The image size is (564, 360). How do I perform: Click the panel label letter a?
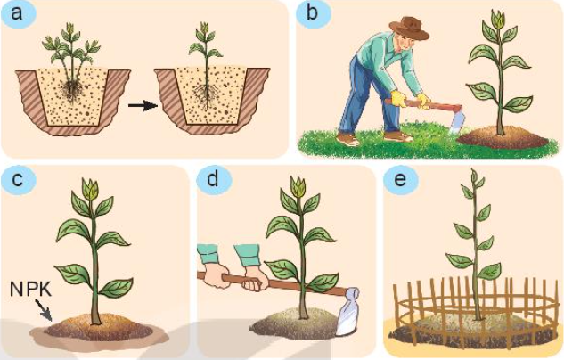pos(17,14)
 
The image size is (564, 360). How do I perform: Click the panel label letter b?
pos(312,13)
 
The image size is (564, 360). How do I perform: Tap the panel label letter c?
pos(17,179)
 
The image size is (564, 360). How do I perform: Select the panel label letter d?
pos(213,178)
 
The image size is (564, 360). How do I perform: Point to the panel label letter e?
pos(400,179)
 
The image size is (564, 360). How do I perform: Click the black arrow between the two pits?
pos(143,106)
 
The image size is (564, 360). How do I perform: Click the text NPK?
pos(30,289)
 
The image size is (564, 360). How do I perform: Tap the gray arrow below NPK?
pos(45,310)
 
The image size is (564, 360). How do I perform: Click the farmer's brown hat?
pos(410,29)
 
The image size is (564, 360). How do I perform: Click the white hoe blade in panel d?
pos(347,312)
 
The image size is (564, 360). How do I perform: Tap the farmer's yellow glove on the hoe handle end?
pos(398,99)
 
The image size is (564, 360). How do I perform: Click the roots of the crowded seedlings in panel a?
pos(73,91)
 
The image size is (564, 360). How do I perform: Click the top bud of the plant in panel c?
pos(89,189)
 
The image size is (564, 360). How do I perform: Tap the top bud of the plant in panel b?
pos(500,19)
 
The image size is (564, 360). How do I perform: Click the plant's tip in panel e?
pos(474,175)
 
